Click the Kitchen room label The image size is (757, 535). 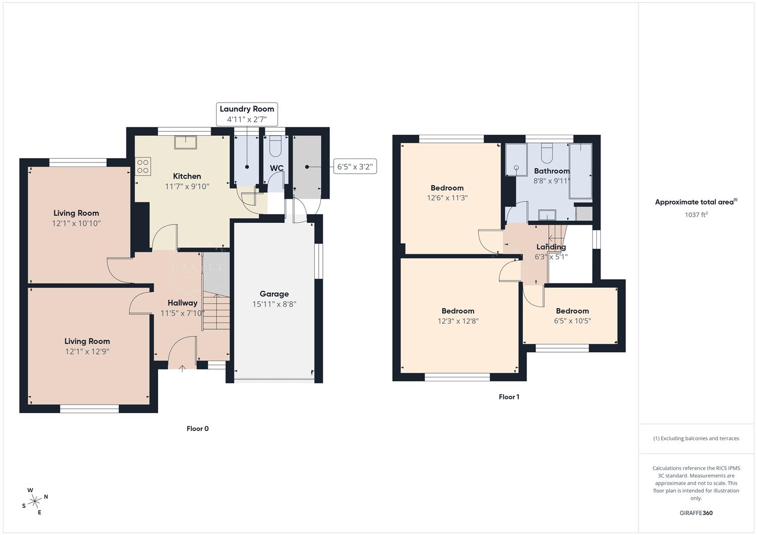pos(187,176)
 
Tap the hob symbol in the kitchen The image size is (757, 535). pos(143,166)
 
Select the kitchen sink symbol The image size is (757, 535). pos(185,142)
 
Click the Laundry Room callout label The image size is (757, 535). pos(247,109)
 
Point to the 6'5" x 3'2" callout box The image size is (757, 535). pos(354,167)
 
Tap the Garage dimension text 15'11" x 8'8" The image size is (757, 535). pos(274,304)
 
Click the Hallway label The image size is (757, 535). pos(182,303)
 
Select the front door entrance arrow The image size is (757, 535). pos(182,369)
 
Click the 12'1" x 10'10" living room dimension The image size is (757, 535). pos(76,223)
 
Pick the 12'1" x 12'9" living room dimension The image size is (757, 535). pos(87,352)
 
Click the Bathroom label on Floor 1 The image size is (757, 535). pos(552,171)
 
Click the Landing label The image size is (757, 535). pos(551,247)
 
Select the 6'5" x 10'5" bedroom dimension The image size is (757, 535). pos(572,321)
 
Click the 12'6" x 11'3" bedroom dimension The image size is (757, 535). pos(447,198)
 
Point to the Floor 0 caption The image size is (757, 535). pos(197,428)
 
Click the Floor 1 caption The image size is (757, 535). pos(509,397)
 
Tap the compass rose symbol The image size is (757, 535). pos(35,501)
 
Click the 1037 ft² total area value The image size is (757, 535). pos(696,215)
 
